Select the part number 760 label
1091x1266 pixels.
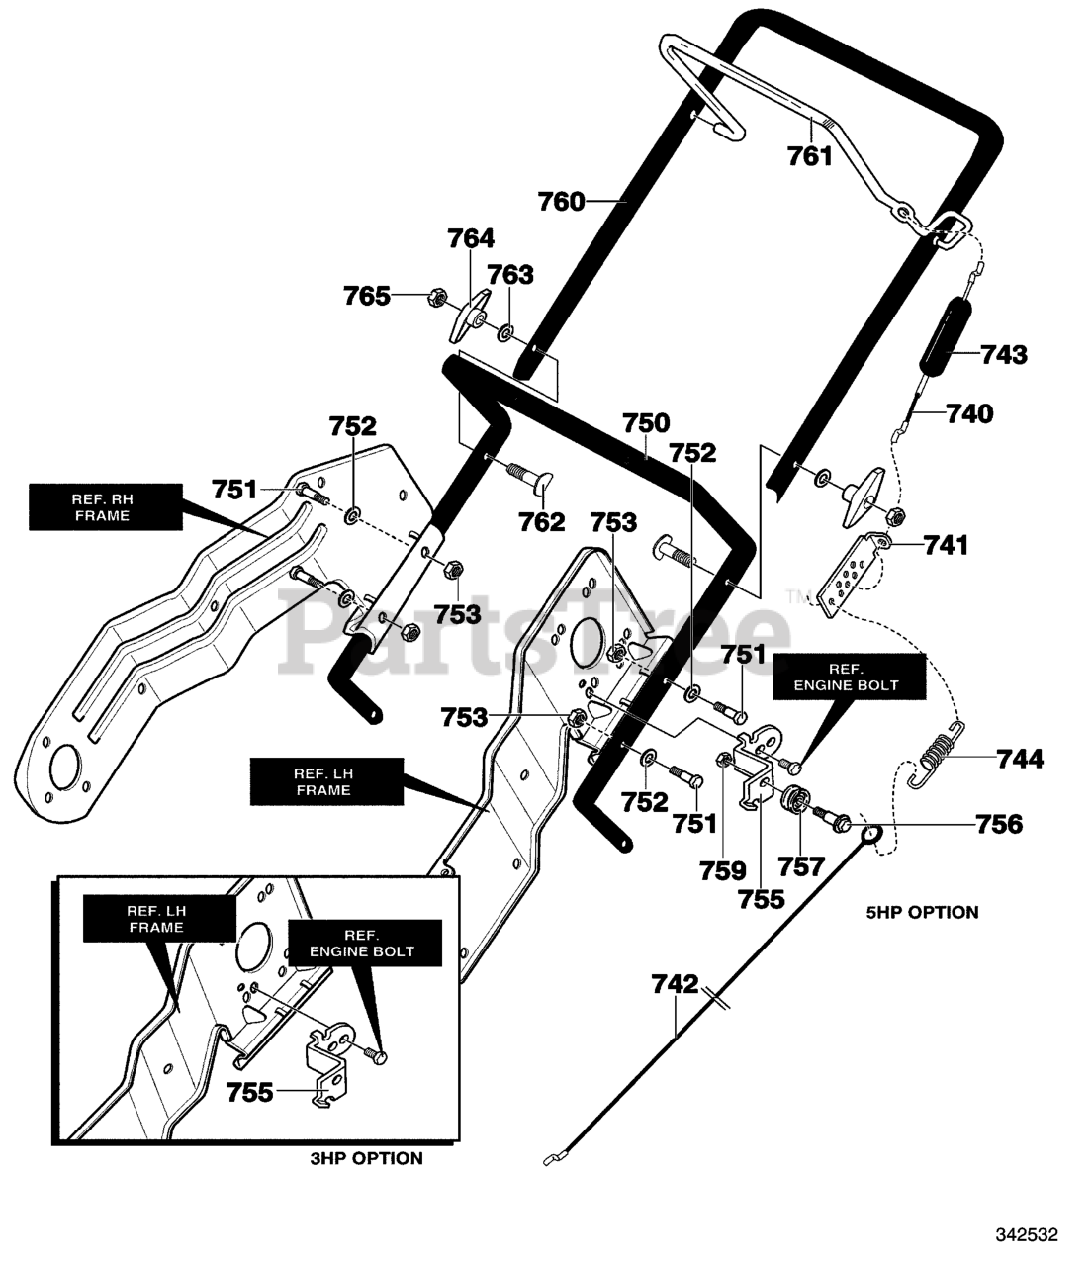coord(561,201)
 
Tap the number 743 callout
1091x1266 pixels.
coord(1004,354)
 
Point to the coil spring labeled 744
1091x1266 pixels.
coord(936,755)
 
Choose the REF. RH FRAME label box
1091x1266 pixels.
coord(106,506)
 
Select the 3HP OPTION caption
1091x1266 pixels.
coord(366,1158)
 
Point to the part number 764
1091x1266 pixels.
coord(471,238)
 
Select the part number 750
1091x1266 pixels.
coord(646,422)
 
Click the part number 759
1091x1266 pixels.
coord(723,871)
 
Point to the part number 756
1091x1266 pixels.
coord(999,825)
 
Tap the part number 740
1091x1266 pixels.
coord(969,413)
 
